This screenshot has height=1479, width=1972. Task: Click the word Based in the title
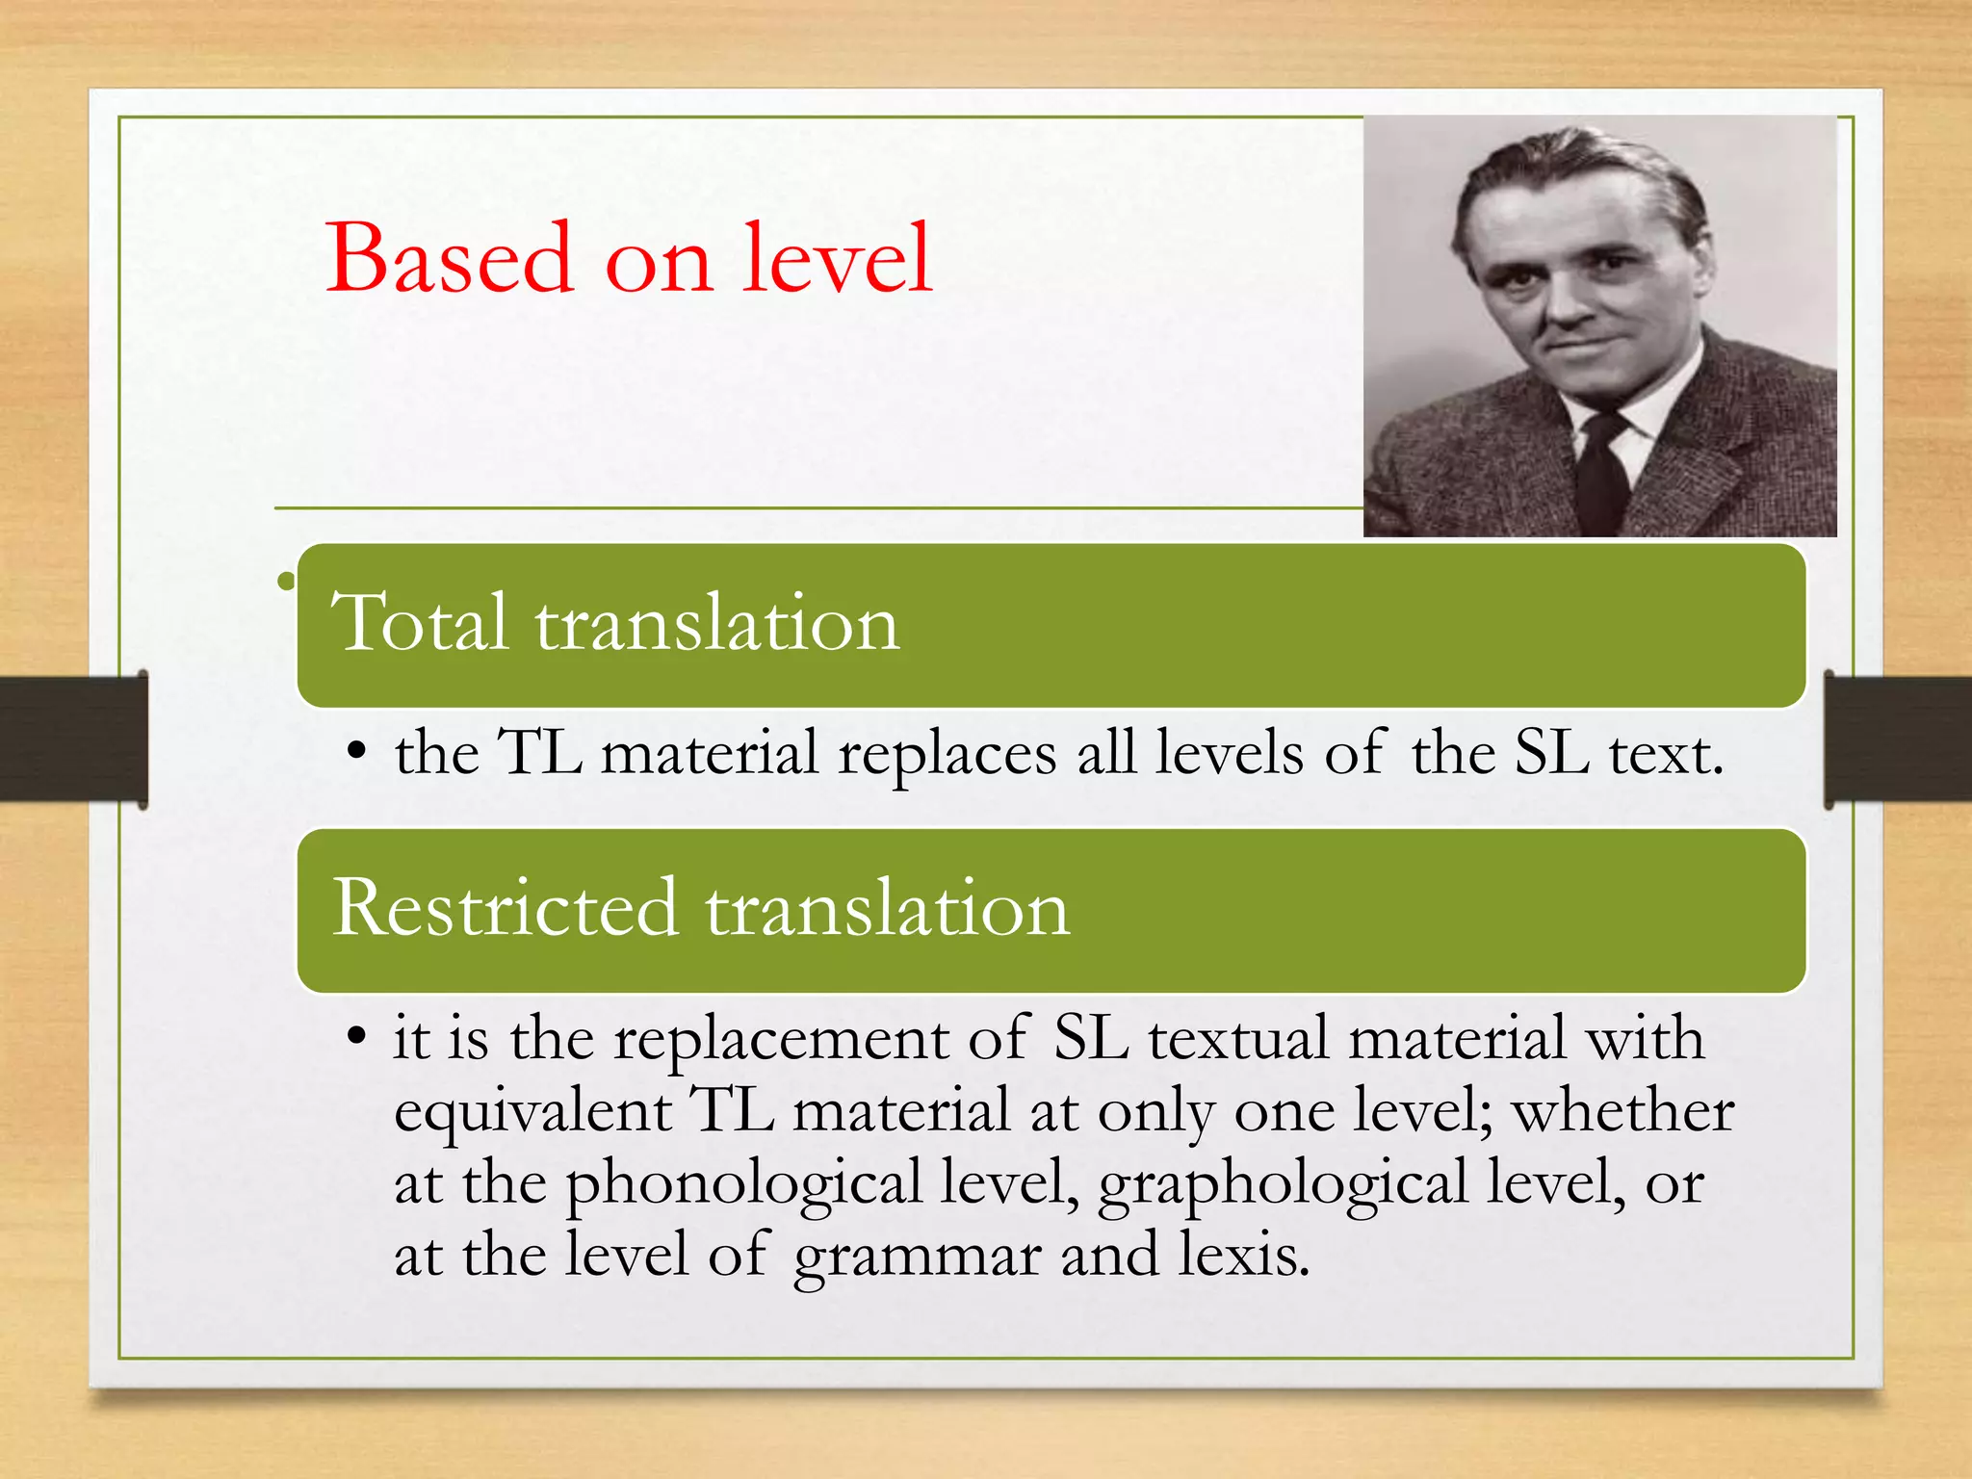coord(450,258)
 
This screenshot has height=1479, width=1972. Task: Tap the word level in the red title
coord(837,258)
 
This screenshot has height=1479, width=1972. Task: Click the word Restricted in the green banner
coord(505,908)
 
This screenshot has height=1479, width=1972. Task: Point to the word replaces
coord(947,753)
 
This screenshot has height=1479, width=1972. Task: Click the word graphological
coord(1282,1183)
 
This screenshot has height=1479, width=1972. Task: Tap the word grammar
coord(917,1256)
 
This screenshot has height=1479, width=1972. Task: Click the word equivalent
coord(532,1111)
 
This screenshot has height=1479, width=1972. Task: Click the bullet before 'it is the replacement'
coord(357,1038)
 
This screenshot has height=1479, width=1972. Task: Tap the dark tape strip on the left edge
coord(72,739)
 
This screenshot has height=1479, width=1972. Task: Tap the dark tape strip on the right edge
coord(1897,739)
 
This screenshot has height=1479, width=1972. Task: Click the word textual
coord(1237,1039)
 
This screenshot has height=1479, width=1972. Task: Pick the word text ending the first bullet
coord(1665,753)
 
